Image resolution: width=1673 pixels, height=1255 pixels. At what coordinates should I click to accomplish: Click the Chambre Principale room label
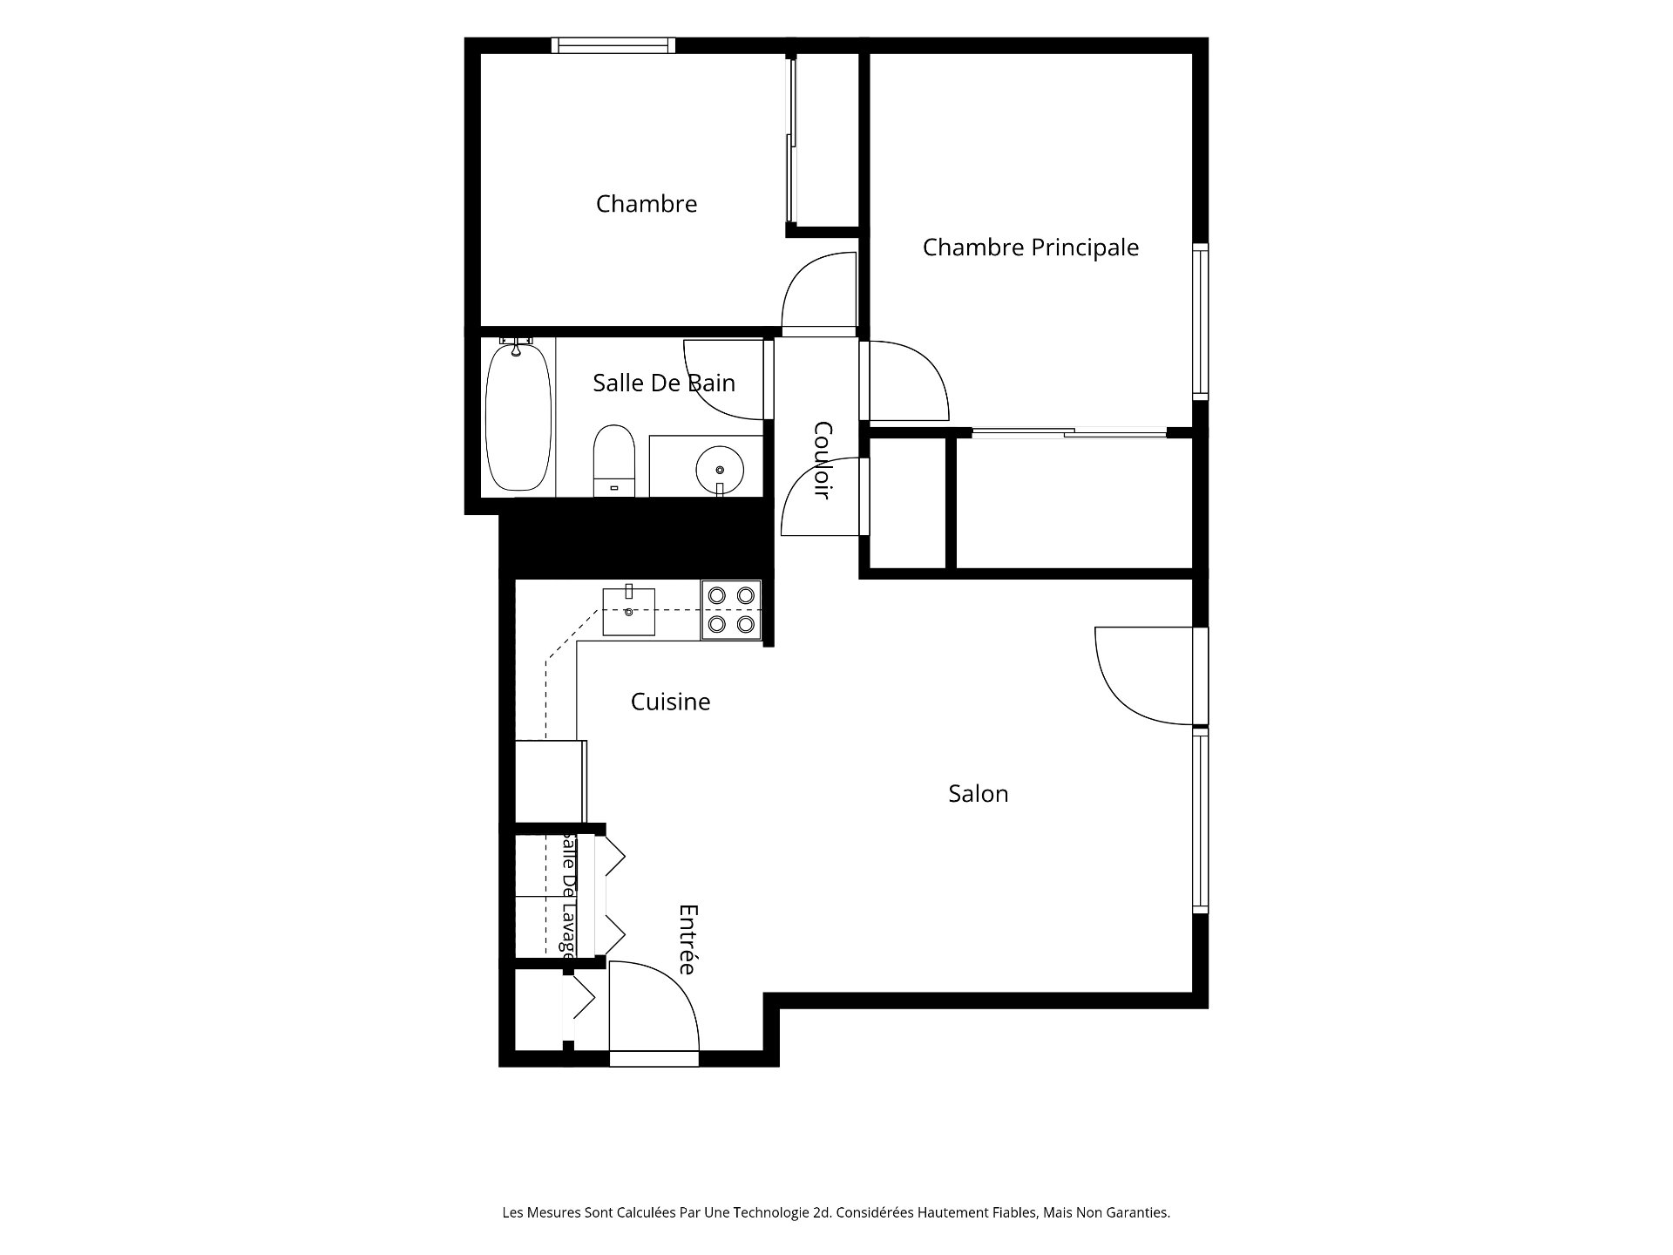click(1031, 248)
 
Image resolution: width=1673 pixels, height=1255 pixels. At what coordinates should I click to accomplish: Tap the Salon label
click(979, 794)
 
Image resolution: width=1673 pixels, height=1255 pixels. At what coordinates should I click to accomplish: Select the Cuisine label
click(670, 702)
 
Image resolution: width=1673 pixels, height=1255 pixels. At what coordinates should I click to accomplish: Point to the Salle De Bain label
click(664, 383)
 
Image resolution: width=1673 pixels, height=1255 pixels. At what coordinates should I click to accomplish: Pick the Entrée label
click(688, 940)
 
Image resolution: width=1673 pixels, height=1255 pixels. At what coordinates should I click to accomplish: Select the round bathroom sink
click(720, 471)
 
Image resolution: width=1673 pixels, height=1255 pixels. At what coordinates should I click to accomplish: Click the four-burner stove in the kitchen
click(731, 610)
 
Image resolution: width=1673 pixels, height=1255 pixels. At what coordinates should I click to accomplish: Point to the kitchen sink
click(628, 611)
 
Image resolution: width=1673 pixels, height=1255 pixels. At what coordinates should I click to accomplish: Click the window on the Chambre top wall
click(615, 45)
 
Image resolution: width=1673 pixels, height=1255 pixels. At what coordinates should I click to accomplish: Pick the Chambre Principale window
click(1201, 322)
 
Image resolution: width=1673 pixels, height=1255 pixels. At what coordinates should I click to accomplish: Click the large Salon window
click(1201, 820)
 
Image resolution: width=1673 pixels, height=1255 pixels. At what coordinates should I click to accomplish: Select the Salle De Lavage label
click(568, 894)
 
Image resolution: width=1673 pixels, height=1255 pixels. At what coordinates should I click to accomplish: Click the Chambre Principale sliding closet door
click(1069, 431)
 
